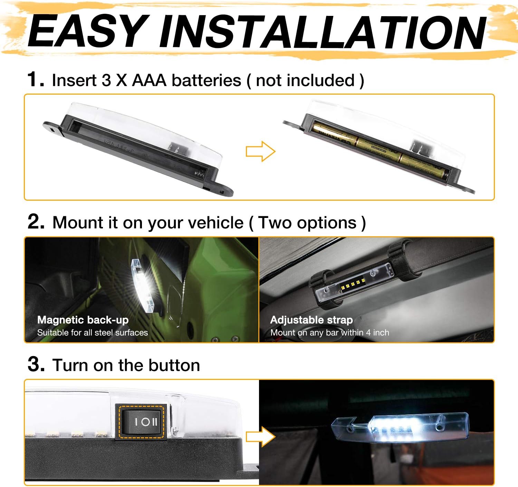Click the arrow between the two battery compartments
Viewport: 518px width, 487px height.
tap(260, 151)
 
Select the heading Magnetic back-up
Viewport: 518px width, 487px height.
tap(83, 320)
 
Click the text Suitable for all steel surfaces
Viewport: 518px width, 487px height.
tap(93, 333)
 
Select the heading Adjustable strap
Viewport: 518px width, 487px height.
tap(311, 320)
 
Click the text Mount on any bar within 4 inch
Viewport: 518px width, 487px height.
tap(329, 333)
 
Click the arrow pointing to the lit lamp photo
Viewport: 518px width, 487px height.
tap(261, 437)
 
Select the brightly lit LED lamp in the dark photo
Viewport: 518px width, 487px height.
tap(401, 427)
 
